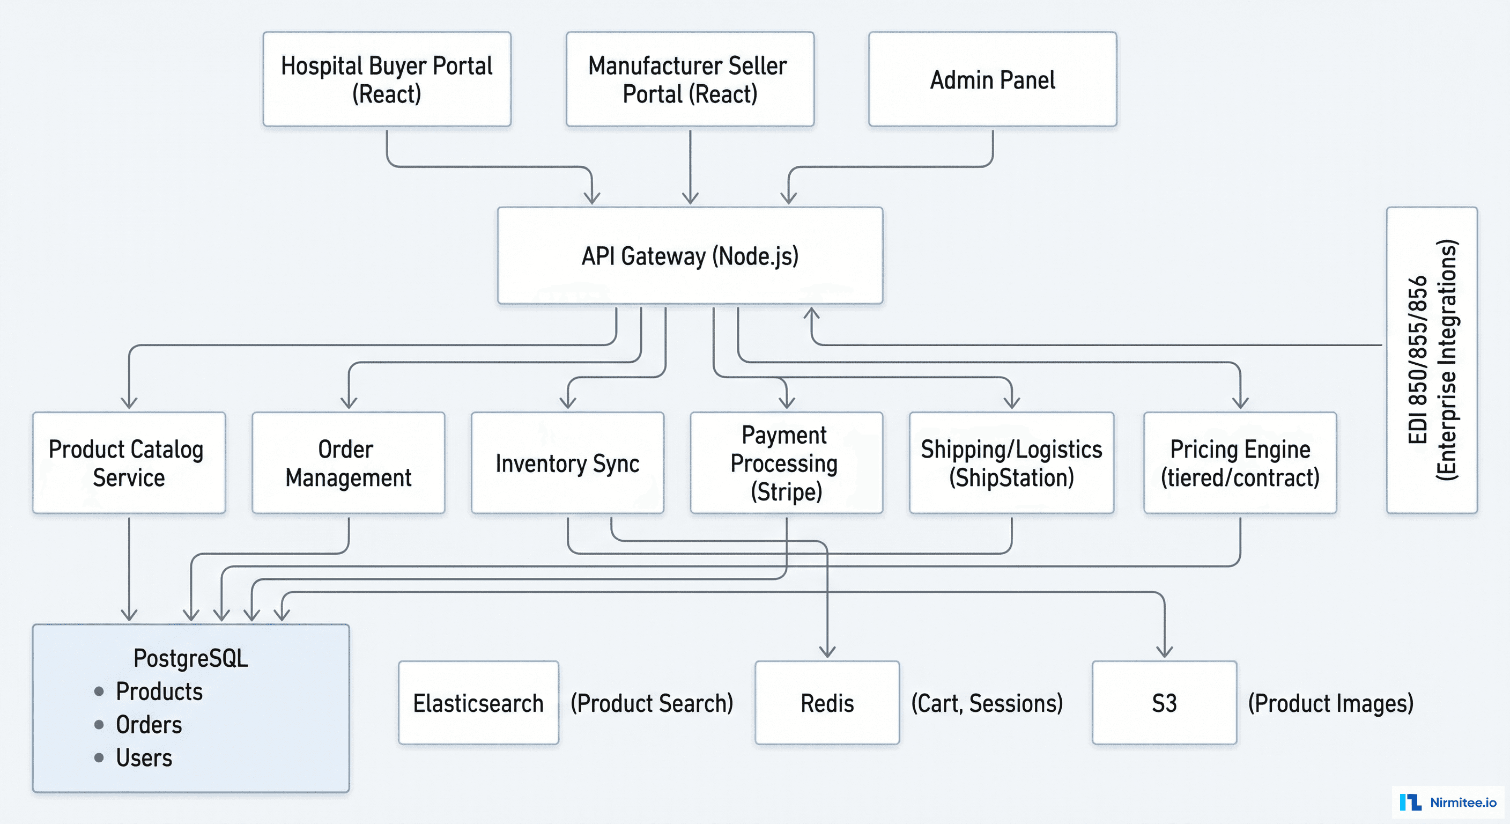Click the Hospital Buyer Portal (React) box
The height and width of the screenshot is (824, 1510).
coord(387,79)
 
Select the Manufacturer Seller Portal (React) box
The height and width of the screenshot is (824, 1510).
coord(690,79)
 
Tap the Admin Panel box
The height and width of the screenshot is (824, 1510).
coord(993,79)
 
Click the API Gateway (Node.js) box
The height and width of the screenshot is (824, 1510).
coord(690,256)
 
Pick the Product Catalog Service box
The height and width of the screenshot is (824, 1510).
coord(129,463)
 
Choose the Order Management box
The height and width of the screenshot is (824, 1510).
coord(348,463)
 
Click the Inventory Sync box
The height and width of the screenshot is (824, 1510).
coord(567,463)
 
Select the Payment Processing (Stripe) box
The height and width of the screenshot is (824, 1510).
coord(786,463)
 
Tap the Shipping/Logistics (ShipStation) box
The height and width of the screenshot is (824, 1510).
coord(1011,463)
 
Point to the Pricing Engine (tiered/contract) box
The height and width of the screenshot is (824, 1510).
coord(1240,463)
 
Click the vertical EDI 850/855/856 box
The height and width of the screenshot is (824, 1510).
coord(1432,360)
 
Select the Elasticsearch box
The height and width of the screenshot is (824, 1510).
coord(478,703)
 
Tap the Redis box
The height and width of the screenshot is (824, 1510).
coord(827,703)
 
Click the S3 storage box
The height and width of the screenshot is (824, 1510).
coord(1164,703)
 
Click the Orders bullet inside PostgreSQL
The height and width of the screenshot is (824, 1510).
coord(149,725)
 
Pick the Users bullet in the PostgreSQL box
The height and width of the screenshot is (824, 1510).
coord(144,757)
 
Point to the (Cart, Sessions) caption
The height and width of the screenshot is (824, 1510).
coord(987,703)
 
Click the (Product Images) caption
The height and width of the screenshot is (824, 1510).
coord(1330,703)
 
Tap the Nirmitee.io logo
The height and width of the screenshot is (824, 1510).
coord(1448,801)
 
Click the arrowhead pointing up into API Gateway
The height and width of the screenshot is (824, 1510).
coord(811,313)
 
